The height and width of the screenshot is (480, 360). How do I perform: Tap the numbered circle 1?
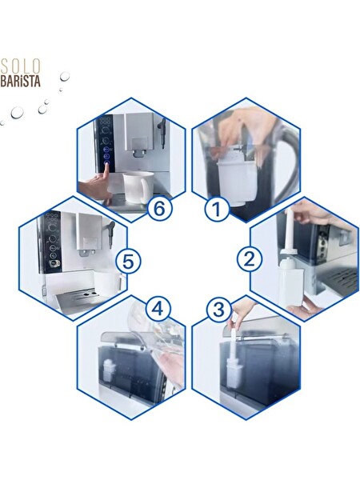tap(216, 210)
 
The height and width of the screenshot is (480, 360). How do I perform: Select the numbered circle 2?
tap(250, 258)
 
